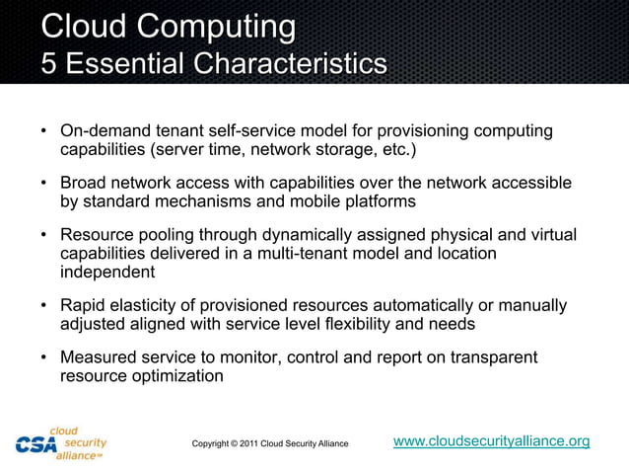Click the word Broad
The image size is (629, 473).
tap(84, 184)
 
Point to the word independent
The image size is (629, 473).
tap(108, 272)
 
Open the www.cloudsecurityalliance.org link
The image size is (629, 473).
tap(491, 440)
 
